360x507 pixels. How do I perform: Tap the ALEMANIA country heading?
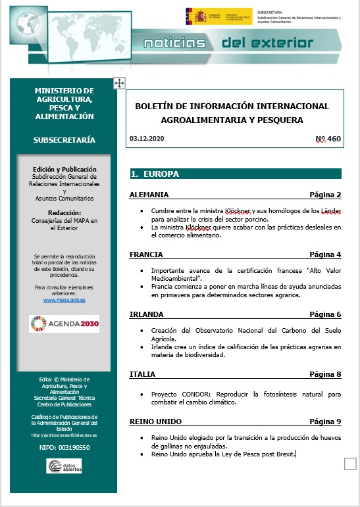(x=149, y=195)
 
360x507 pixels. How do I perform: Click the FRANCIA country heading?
(x=146, y=254)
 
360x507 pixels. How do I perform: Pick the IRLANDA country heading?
(x=147, y=314)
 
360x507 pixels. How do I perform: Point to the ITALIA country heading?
(x=143, y=374)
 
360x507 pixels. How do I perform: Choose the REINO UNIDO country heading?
(x=155, y=421)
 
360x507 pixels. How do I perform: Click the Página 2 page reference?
(x=325, y=195)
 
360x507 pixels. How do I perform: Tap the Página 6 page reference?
(x=325, y=314)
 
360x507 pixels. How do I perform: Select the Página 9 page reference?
(x=325, y=421)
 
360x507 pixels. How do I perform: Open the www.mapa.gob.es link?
(x=64, y=300)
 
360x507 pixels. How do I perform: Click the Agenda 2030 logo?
(x=64, y=324)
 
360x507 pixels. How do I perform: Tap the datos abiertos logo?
(x=64, y=466)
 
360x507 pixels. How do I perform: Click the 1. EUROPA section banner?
(x=236, y=174)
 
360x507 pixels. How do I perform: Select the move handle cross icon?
(x=119, y=82)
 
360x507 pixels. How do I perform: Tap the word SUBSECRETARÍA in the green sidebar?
(x=64, y=140)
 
